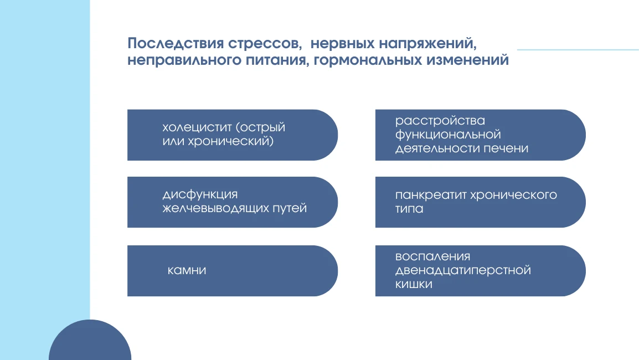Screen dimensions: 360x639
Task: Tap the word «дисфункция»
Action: pos(200,194)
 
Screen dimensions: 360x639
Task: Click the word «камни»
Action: pos(187,271)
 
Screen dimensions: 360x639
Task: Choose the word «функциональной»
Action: pos(448,135)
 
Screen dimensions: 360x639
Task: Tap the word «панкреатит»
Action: pos(430,195)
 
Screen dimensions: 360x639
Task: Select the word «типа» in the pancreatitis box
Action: pos(409,209)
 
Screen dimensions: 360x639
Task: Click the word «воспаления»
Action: pos(432,256)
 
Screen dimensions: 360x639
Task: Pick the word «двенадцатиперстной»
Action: pos(463,270)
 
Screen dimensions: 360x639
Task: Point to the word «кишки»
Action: pos(414,284)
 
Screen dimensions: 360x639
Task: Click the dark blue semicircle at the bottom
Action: pos(90,343)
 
